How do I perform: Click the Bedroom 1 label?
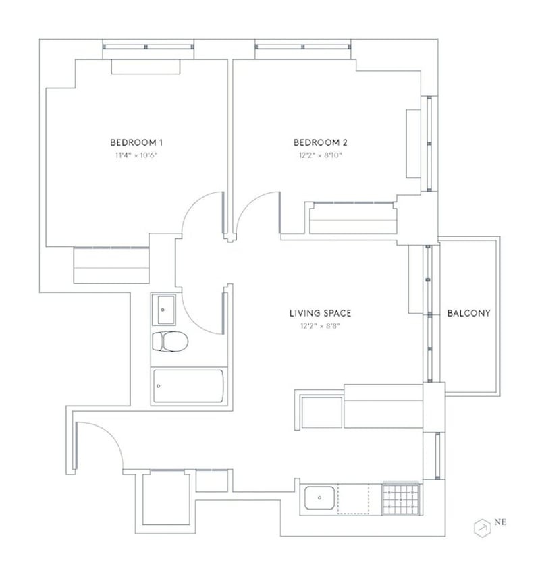click(136, 142)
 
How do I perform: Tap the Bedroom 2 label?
click(320, 142)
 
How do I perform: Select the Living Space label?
click(320, 313)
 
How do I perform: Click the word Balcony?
click(468, 313)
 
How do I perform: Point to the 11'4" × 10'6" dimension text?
click(136, 155)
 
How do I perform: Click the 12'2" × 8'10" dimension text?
click(320, 155)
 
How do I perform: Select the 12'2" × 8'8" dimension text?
click(320, 326)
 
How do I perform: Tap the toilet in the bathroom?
click(170, 341)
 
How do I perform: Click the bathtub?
click(188, 386)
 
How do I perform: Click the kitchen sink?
click(319, 497)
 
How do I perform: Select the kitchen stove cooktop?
click(401, 499)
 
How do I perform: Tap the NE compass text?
click(500, 522)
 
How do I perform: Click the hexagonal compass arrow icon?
click(482, 528)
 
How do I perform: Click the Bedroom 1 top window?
click(148, 47)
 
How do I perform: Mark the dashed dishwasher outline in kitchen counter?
click(354, 499)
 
